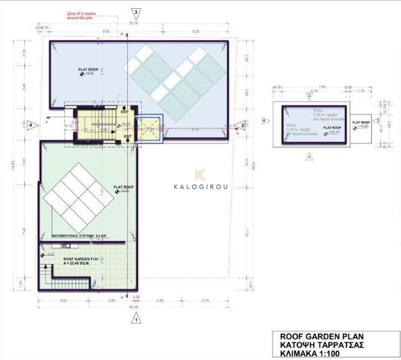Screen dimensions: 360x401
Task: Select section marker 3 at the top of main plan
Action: pos(137,13)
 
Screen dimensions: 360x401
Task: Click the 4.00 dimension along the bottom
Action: pos(64,300)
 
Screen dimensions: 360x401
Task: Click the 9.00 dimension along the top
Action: pos(106,31)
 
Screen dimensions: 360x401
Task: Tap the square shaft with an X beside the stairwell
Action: pos(148,128)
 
